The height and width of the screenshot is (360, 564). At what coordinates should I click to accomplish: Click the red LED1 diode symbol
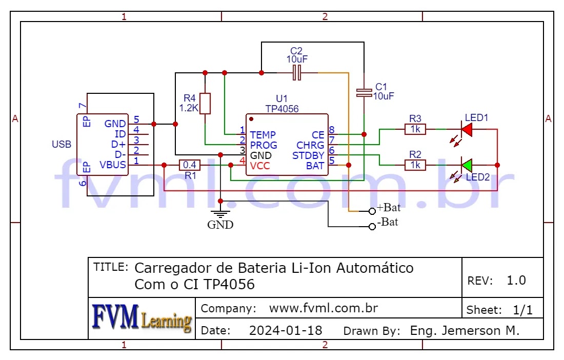[466, 130]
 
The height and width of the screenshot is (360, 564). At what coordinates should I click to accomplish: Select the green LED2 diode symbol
[466, 165]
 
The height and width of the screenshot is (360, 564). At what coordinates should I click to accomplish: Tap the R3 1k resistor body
[415, 130]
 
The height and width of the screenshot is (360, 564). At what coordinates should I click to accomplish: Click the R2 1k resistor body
[415, 165]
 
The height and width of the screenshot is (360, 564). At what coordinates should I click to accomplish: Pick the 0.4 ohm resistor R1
[190, 165]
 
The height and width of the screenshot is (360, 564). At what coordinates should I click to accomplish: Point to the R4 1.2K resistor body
[205, 103]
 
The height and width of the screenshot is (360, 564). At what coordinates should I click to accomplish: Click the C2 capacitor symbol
[296, 73]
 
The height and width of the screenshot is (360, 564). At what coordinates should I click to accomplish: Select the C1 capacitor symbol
[364, 92]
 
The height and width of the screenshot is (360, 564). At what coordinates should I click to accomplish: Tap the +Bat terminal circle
[372, 211]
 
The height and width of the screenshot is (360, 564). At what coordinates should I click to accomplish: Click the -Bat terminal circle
[372, 227]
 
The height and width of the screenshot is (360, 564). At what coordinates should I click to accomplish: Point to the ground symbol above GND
[220, 214]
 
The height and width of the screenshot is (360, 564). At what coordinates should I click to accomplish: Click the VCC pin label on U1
[260, 166]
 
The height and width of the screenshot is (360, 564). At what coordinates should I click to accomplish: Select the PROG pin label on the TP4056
[263, 145]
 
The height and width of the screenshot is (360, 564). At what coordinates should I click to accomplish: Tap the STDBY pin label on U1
[308, 155]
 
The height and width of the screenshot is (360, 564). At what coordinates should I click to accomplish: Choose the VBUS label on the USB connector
[113, 165]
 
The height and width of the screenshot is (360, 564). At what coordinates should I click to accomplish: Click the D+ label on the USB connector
[118, 144]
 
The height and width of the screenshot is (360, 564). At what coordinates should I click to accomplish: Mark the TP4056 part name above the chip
[282, 109]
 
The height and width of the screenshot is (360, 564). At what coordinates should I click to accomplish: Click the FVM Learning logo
[142, 317]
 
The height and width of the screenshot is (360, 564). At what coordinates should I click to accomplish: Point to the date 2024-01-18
[286, 331]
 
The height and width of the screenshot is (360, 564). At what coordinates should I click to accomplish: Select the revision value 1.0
[516, 280]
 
